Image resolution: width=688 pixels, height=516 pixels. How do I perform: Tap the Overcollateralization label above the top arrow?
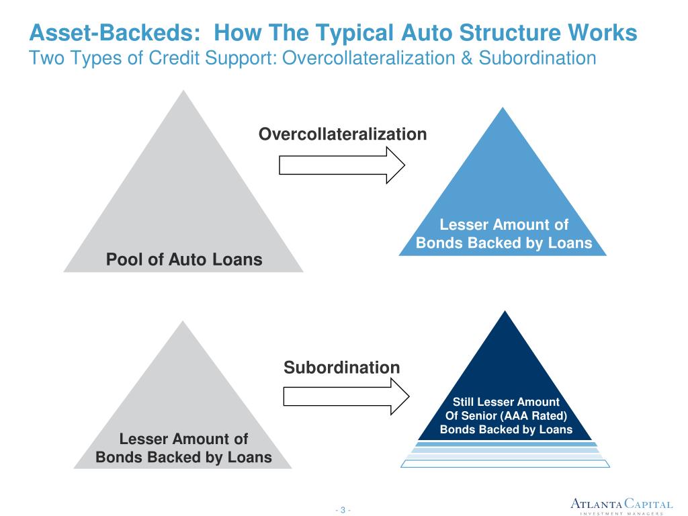click(x=343, y=134)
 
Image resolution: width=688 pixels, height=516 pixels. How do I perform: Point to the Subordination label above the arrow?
click(x=341, y=368)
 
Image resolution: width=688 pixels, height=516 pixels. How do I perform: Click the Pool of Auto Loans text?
click(x=184, y=259)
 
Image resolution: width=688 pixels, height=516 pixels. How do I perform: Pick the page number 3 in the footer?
click(x=343, y=510)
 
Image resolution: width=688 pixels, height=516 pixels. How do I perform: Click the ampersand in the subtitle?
click(x=467, y=58)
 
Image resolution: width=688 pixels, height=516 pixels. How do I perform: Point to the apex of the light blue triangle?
click(x=503, y=109)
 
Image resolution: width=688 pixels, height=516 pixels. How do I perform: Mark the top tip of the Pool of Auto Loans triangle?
click(x=183, y=92)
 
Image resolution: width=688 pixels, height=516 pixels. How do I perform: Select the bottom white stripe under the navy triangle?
click(x=505, y=463)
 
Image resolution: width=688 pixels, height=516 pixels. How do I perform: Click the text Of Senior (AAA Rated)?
click(x=506, y=416)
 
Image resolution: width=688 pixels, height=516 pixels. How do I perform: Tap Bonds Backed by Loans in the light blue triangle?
click(x=504, y=243)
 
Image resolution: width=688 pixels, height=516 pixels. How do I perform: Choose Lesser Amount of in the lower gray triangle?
click(x=183, y=439)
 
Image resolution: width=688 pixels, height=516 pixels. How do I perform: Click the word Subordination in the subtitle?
click(x=536, y=58)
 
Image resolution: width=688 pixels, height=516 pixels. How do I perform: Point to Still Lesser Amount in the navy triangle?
click(x=506, y=402)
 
